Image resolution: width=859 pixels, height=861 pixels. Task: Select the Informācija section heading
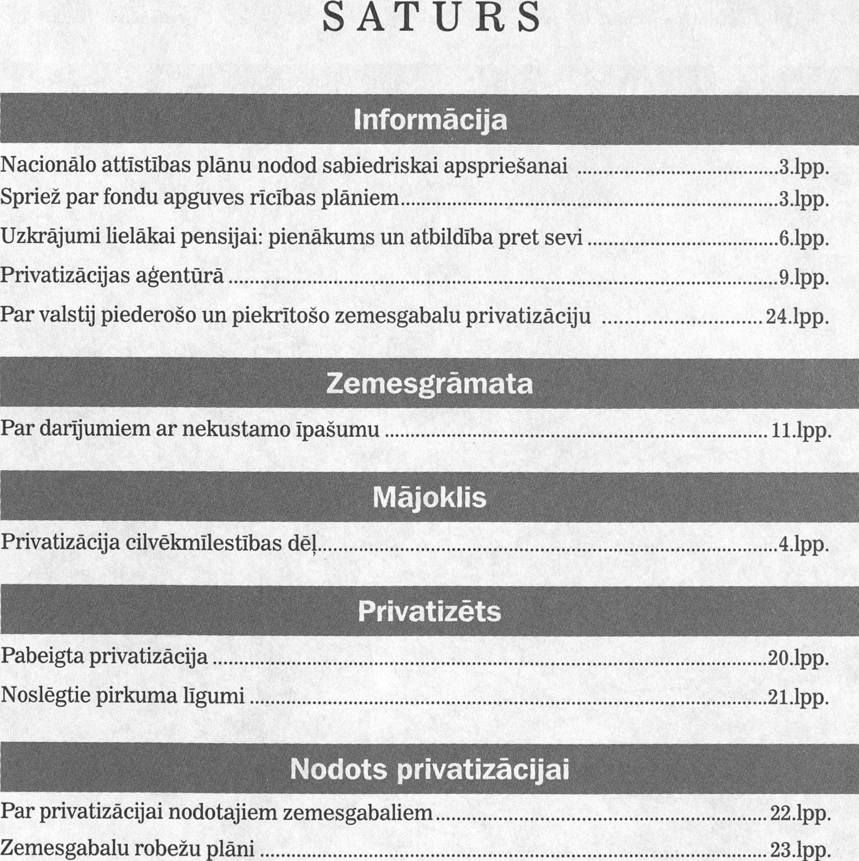(x=430, y=120)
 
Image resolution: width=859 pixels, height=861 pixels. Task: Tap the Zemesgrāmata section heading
(x=430, y=385)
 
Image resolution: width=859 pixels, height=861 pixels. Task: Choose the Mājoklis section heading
(x=430, y=498)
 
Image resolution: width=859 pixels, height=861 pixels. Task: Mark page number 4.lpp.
(x=803, y=544)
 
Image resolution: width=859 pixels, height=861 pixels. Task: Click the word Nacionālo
(x=48, y=166)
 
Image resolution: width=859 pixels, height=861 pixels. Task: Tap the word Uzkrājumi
(x=49, y=238)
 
